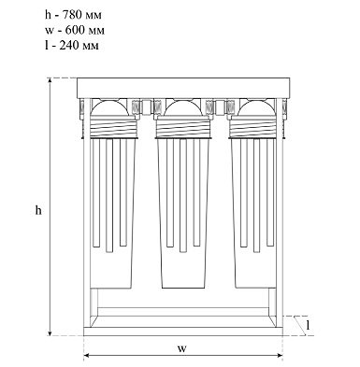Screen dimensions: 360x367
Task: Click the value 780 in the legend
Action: [73, 15]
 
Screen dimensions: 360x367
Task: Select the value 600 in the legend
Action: [75, 30]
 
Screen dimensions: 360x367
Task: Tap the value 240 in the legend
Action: [69, 46]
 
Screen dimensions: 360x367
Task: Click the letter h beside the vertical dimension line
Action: [38, 210]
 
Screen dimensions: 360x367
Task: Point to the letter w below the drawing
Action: [182, 348]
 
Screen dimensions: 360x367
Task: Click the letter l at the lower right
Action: [308, 325]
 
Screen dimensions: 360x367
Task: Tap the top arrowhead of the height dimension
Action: [50, 81]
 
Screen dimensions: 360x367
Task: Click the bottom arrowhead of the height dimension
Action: [50, 332]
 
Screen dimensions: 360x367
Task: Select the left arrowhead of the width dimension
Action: [88, 356]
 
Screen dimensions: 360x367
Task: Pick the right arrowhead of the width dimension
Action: [279, 356]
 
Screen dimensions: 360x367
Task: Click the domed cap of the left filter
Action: [109, 107]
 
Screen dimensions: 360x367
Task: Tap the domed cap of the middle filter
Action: [183, 107]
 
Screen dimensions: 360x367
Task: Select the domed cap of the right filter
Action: [257, 107]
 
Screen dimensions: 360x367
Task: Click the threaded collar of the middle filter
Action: [184, 127]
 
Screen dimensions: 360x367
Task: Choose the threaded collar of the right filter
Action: [253, 127]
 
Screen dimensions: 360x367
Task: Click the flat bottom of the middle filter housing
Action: [183, 288]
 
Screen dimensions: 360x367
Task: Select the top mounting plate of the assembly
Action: [183, 88]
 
